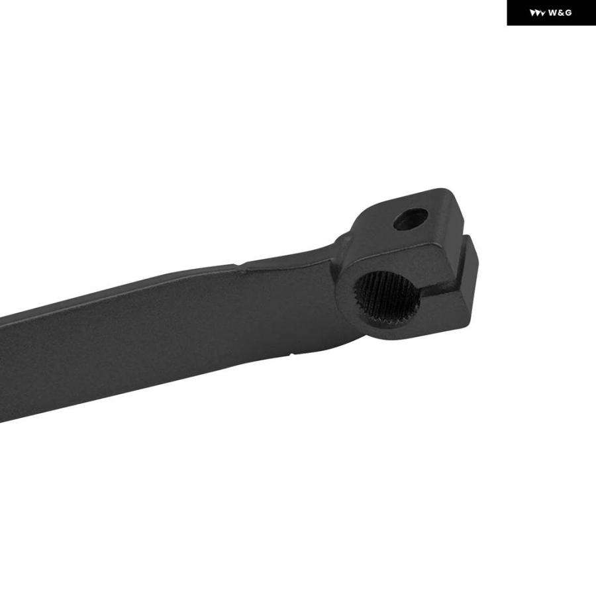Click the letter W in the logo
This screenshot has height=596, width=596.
pos(552,13)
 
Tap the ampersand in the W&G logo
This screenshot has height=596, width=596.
pos(560,13)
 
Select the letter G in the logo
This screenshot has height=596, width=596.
pos(568,13)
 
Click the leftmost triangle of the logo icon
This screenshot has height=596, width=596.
pos(532,13)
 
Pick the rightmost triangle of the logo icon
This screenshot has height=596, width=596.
pos(544,14)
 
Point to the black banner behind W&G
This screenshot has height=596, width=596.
pos(551,13)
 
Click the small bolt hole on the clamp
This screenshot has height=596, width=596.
pos(411,219)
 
